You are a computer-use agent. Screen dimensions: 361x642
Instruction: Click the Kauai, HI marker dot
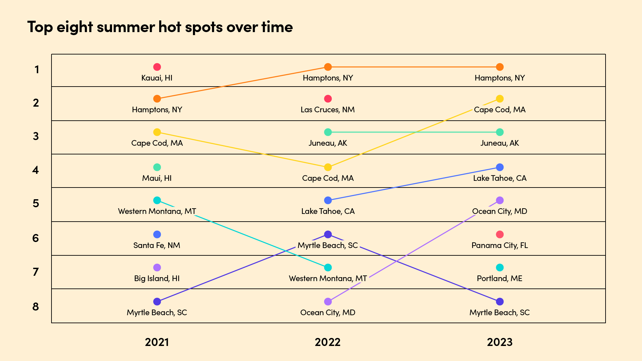157,67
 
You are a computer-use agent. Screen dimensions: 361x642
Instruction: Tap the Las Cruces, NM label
327,110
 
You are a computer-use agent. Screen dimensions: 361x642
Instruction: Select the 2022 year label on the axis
327,342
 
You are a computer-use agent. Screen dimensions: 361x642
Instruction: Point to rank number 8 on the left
36,307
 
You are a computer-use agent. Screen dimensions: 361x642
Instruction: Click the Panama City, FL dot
500,234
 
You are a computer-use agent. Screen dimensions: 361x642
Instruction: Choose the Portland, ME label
500,278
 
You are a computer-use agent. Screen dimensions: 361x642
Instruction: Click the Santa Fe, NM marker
157,234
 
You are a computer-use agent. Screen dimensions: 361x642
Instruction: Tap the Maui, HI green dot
157,167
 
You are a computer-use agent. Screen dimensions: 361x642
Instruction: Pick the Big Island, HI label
157,278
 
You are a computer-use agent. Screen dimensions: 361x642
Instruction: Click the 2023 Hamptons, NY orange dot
500,67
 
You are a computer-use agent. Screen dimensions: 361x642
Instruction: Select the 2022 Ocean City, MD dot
328,302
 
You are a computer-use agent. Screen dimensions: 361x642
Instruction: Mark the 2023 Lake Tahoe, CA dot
500,167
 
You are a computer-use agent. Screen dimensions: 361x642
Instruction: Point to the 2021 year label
157,342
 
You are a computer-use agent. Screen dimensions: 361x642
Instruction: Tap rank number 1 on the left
37,70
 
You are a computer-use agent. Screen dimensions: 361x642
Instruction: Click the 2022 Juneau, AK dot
328,132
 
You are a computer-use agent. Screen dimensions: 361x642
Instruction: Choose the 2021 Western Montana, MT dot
157,200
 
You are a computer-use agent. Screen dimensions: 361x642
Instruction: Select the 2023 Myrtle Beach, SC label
500,313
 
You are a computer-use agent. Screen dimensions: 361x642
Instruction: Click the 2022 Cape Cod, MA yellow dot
328,167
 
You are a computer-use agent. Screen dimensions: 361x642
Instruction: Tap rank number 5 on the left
36,203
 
